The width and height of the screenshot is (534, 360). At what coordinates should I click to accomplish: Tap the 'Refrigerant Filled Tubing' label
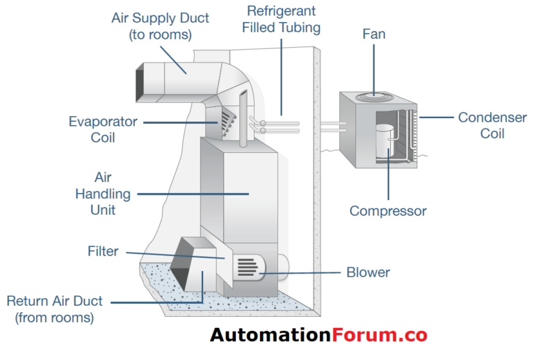point(282,19)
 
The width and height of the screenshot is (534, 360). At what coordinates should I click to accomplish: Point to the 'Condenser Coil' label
point(492,125)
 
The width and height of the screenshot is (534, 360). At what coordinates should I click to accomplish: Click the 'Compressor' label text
point(387,211)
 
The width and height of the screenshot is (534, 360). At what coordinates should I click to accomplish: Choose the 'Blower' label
point(369,272)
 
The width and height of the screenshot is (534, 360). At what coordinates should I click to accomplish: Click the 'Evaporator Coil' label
point(102,129)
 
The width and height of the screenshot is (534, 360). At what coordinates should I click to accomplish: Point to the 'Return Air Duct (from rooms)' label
point(54,309)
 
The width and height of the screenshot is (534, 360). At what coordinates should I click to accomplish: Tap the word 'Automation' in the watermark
point(270,336)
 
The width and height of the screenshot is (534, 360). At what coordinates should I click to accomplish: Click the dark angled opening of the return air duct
point(183,263)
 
